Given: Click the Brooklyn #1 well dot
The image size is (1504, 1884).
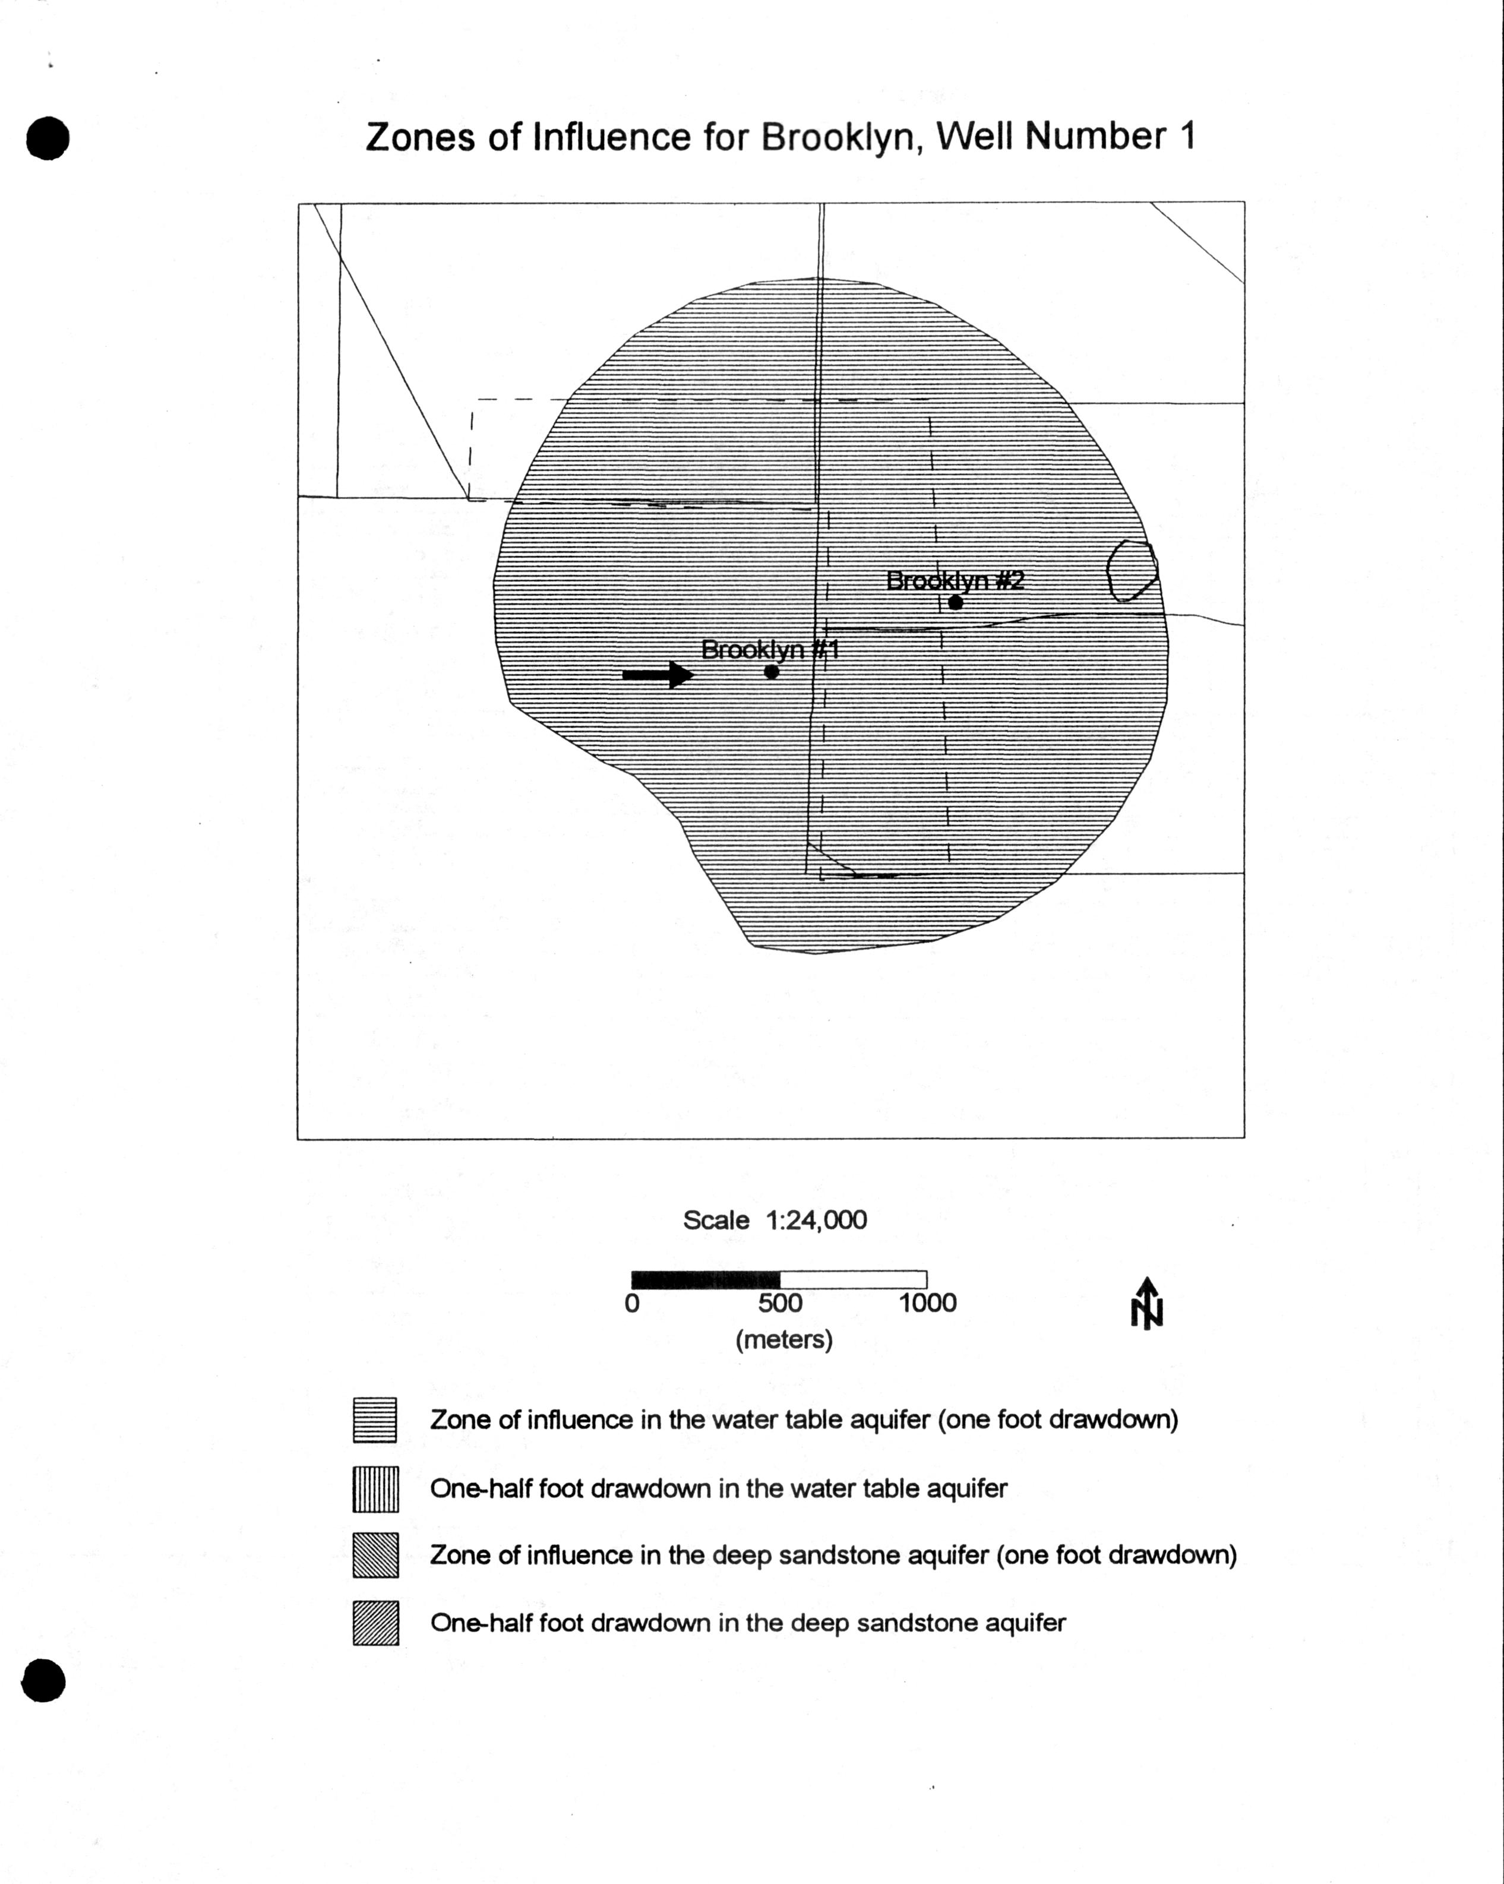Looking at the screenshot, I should [771, 671].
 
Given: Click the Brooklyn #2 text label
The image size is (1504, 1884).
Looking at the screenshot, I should [955, 580].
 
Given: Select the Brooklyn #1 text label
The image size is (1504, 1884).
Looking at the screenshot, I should [769, 649].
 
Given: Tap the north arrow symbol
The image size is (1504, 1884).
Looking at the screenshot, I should [1146, 1304].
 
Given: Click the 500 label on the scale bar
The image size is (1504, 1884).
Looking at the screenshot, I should [779, 1303].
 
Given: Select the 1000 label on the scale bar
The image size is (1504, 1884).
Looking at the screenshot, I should [927, 1303].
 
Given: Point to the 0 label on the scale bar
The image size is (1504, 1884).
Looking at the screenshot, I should [632, 1303].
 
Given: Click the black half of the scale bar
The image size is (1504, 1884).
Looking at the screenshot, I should [705, 1279].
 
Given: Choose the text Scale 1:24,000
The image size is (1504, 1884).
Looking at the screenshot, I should [775, 1220].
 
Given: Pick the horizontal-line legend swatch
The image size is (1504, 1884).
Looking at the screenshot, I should [375, 1420].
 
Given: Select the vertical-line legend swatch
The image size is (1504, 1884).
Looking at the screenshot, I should [375, 1489].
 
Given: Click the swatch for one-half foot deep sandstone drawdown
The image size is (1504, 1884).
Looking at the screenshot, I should [375, 1623].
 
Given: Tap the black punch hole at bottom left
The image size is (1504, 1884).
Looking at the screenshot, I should [43, 1680].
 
